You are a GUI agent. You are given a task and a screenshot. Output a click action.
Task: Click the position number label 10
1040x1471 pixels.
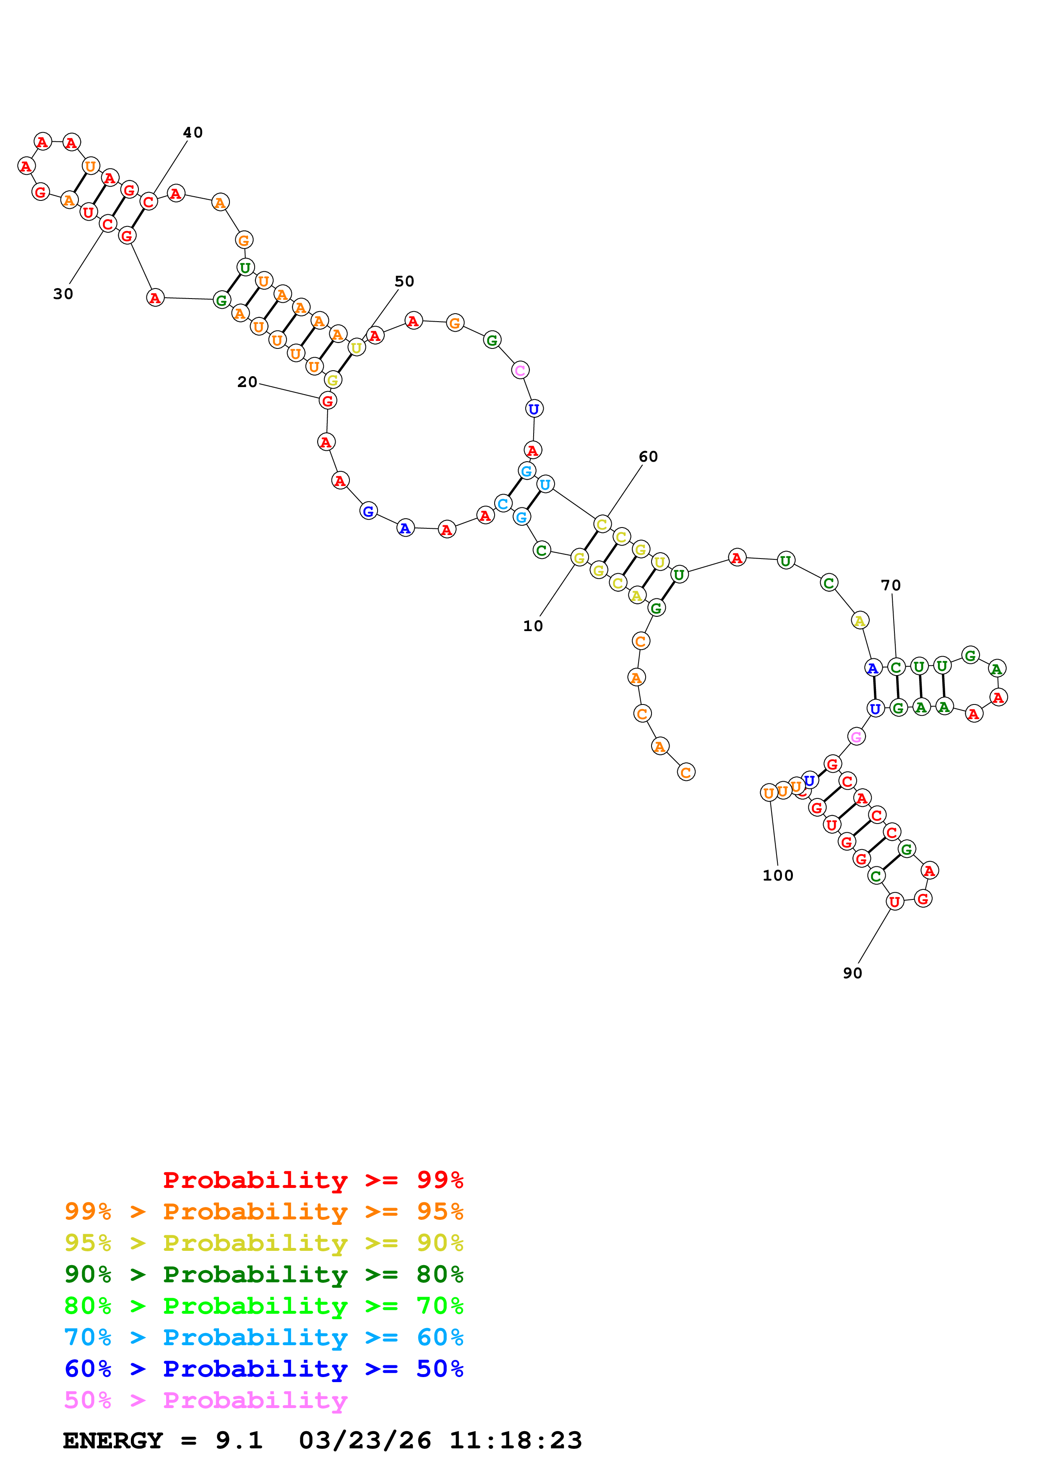(x=532, y=626)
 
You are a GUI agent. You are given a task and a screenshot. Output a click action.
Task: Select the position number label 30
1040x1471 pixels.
(x=63, y=294)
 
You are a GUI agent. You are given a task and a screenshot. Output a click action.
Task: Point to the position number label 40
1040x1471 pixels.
(x=193, y=133)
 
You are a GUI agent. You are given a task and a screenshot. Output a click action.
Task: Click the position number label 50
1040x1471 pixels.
(x=404, y=281)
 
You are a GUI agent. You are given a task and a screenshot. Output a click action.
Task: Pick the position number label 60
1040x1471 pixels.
(x=648, y=457)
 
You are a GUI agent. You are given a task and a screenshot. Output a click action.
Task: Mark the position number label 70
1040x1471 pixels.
(x=891, y=585)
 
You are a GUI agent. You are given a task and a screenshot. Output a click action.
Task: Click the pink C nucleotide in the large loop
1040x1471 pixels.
(x=520, y=370)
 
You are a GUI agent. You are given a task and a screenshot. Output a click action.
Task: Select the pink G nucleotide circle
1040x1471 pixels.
(x=856, y=737)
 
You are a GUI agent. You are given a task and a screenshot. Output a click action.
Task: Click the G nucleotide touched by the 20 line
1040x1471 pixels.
(x=328, y=401)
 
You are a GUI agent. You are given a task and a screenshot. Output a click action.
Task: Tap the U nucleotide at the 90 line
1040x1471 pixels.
(x=894, y=902)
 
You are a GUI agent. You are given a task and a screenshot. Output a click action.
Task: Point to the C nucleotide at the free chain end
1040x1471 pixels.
(x=686, y=772)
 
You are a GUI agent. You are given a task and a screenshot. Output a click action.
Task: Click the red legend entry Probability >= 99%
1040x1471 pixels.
(x=313, y=1180)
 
